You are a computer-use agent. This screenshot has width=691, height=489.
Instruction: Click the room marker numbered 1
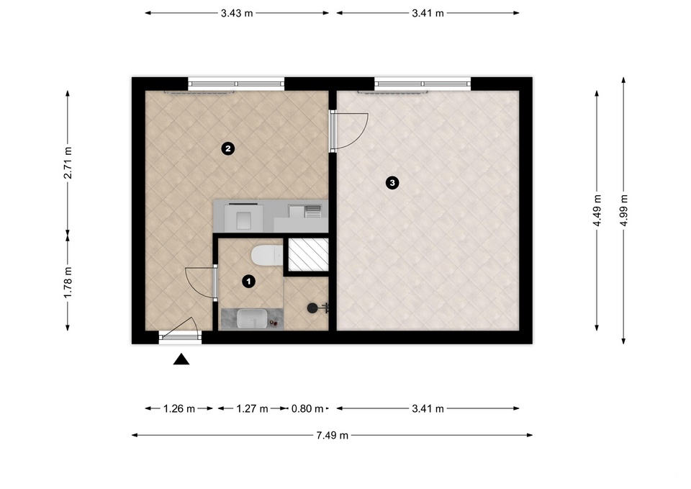point(249,281)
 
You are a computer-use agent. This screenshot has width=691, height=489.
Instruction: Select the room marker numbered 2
point(228,148)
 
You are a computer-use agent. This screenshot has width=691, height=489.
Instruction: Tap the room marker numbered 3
point(392,182)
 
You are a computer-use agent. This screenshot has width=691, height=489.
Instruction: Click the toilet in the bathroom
point(266,256)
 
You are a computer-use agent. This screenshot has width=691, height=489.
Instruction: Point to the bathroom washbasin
point(252,318)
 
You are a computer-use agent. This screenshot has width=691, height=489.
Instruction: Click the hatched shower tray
point(308,256)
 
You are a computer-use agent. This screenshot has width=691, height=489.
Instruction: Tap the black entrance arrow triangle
point(181,359)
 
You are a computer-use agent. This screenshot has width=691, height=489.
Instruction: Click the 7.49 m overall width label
point(333,436)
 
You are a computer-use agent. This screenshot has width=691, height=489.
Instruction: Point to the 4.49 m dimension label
point(597,210)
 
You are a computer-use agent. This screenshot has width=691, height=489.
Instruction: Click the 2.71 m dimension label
point(68,163)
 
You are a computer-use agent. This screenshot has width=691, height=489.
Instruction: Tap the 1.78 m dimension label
point(68,282)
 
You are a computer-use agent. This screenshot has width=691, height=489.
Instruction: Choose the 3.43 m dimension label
point(237,13)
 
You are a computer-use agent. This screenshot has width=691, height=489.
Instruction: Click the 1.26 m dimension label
point(179,409)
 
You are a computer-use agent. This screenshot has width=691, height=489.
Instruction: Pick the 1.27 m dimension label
point(252,409)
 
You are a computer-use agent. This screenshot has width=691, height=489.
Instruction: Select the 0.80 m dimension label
point(307,409)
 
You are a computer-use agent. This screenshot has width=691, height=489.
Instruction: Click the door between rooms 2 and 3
point(349,131)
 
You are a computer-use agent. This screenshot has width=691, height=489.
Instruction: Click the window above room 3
point(423,84)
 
